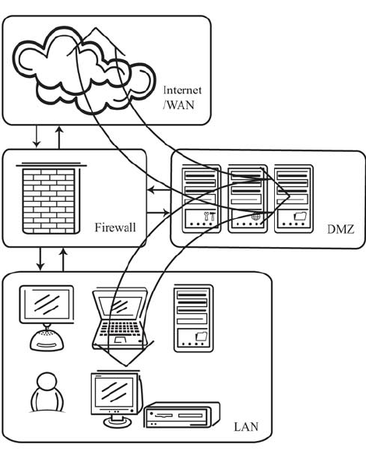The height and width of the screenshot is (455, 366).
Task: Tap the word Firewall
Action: (x=115, y=227)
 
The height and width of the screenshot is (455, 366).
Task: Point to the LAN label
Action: (x=247, y=428)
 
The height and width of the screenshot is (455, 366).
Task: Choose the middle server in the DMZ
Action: (x=245, y=199)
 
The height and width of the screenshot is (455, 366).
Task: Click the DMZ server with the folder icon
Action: (x=293, y=199)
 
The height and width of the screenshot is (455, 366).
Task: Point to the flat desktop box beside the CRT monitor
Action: (x=181, y=416)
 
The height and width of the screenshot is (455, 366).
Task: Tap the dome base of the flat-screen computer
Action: (x=47, y=339)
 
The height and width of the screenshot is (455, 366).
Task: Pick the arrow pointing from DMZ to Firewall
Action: (x=158, y=189)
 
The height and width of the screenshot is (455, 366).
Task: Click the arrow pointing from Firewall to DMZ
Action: (x=158, y=213)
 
